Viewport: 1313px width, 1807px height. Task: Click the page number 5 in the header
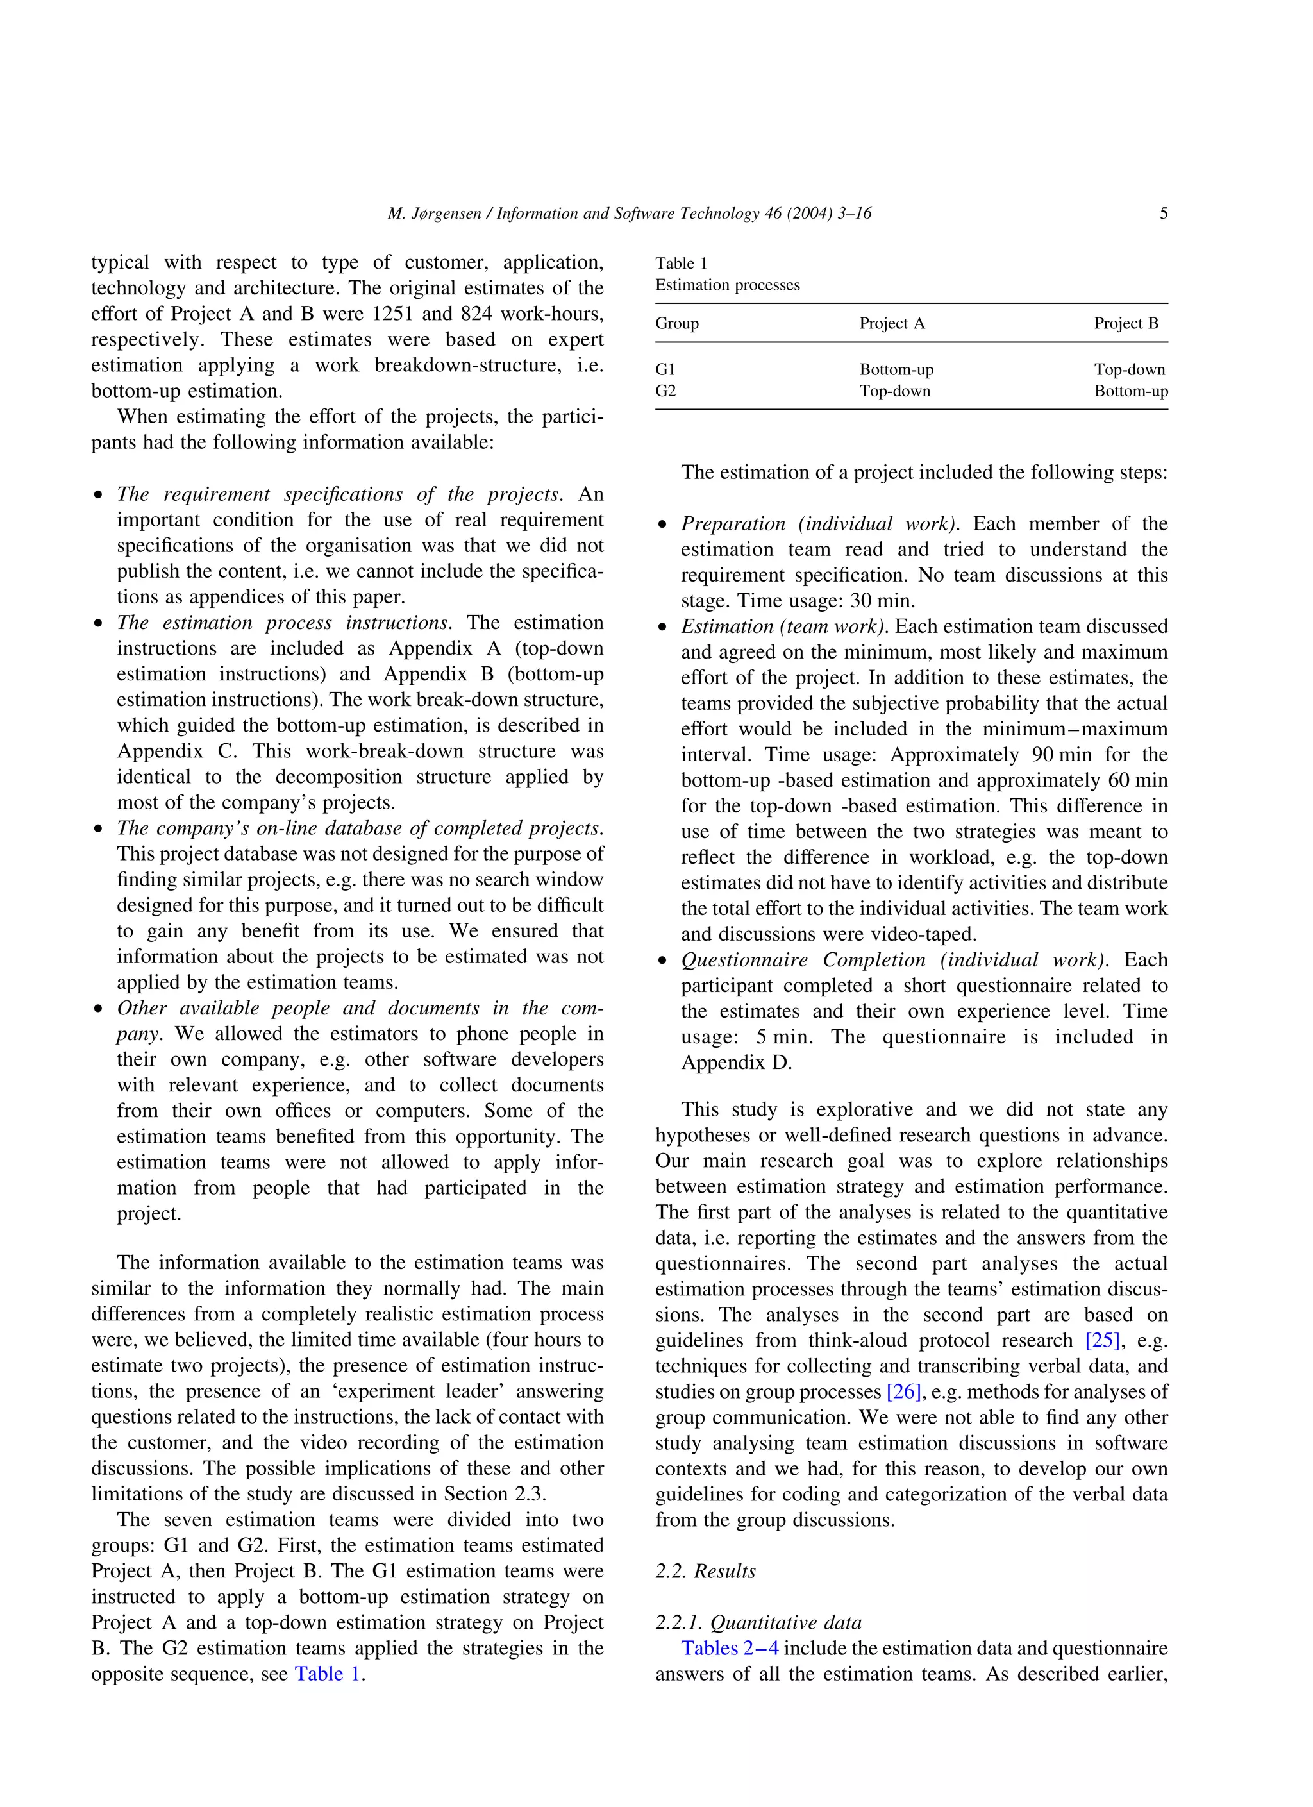coord(1163,214)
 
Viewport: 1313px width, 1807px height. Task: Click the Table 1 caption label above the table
coord(682,264)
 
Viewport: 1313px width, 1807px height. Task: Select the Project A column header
coord(892,323)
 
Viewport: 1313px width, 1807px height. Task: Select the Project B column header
coord(1126,323)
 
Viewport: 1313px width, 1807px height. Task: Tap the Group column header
coord(676,323)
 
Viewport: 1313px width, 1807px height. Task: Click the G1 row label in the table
coord(665,370)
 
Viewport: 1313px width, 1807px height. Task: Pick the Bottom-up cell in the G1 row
coord(896,370)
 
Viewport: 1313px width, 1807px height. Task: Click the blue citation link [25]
coord(1103,1340)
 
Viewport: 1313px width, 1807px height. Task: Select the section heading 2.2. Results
coord(705,1571)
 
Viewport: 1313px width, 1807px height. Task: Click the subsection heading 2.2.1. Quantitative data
coord(758,1623)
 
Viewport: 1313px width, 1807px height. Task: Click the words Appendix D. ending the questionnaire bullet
coord(735,1063)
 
